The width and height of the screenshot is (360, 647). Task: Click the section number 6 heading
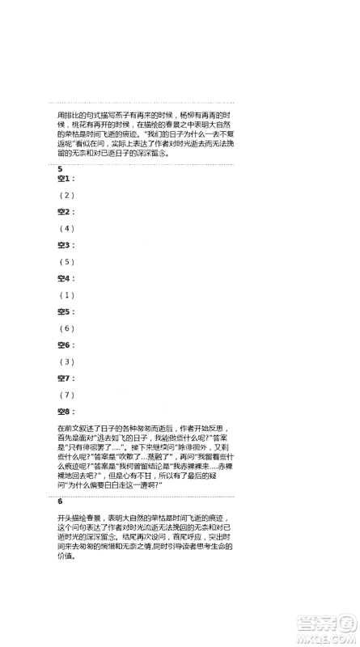[60, 501]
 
